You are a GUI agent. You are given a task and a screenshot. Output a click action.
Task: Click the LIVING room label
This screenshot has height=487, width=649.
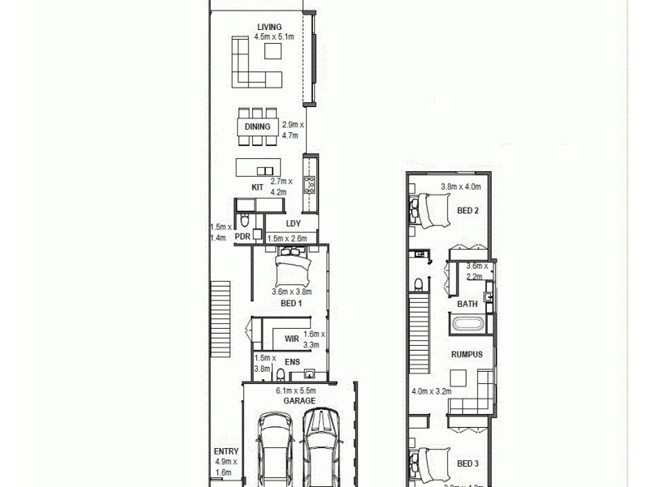(269, 27)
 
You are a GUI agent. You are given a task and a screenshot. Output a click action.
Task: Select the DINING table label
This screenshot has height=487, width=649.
(258, 127)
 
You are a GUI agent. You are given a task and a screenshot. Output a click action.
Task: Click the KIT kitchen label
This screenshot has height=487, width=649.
(258, 187)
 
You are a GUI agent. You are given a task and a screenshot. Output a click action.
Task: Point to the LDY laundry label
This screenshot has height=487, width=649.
(293, 223)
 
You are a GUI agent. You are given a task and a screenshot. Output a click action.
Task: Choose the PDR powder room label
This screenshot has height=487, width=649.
(242, 237)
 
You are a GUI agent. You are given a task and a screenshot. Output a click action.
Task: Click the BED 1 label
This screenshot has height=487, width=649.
(291, 303)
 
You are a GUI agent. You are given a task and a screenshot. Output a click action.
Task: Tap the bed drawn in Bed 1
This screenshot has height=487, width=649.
(292, 265)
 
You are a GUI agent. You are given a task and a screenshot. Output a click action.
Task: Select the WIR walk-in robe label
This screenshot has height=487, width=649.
(291, 339)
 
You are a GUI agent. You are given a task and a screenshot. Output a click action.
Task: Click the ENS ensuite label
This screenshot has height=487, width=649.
(291, 362)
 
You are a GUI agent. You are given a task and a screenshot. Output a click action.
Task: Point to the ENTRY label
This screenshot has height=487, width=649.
(225, 452)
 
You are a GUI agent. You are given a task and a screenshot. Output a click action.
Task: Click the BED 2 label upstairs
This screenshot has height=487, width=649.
(467, 210)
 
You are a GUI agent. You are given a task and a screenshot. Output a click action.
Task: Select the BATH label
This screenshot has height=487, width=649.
(467, 304)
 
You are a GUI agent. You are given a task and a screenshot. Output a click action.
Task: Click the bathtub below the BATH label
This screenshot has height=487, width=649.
(467, 325)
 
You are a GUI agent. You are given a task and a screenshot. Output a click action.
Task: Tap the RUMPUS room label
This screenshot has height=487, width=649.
(467, 355)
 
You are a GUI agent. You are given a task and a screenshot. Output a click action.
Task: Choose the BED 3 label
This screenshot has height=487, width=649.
(467, 463)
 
